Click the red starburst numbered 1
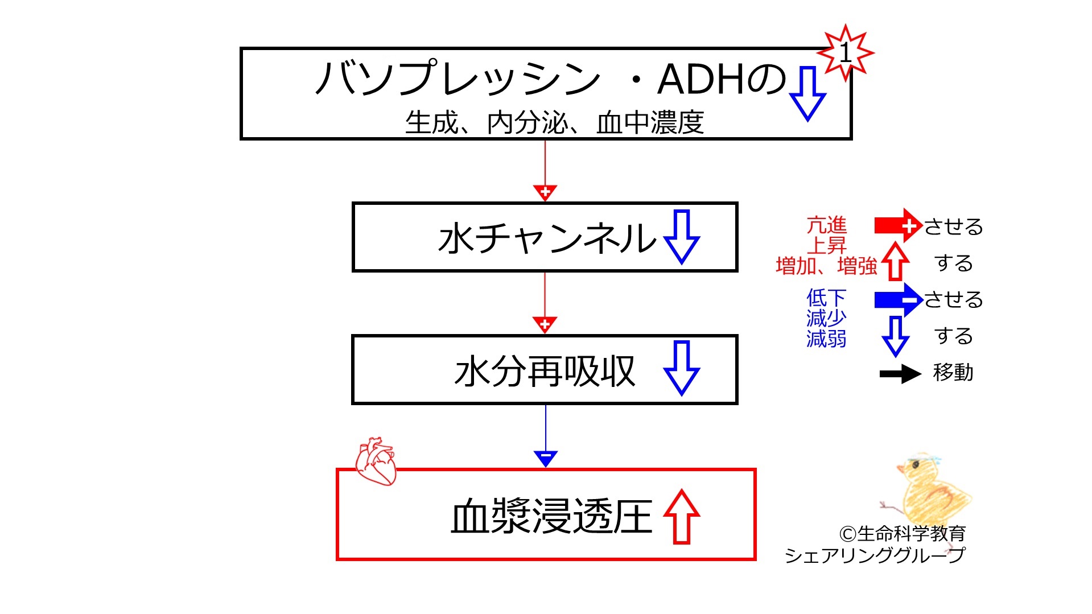click(x=845, y=53)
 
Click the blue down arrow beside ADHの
click(x=807, y=93)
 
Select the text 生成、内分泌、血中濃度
click(x=554, y=123)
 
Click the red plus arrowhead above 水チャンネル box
click(x=545, y=193)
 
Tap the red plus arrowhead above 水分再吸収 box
click(x=545, y=325)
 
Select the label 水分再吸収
click(x=545, y=371)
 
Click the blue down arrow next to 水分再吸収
click(x=681, y=368)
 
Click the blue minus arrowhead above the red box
click(x=545, y=458)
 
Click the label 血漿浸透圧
click(x=551, y=516)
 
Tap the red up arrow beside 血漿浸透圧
click(x=681, y=516)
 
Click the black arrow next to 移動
click(x=900, y=374)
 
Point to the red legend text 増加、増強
click(x=826, y=266)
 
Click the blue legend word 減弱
click(x=826, y=339)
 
